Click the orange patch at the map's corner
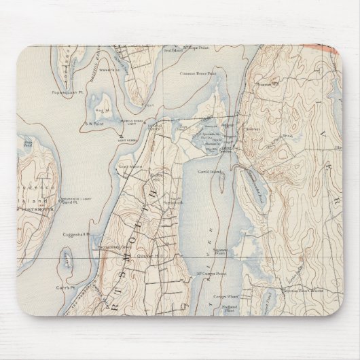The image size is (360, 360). tap(333, 49)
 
